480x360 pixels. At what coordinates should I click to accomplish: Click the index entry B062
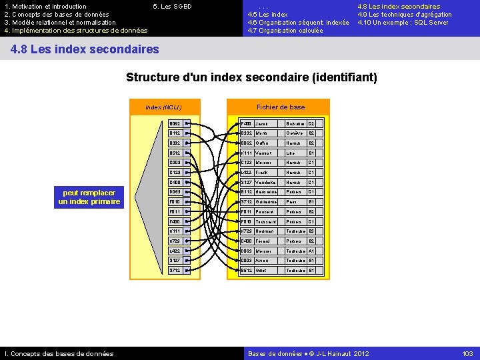click(x=175, y=123)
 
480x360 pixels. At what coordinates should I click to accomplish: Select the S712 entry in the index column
click(x=175, y=271)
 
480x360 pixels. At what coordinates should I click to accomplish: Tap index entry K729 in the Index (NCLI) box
click(x=175, y=241)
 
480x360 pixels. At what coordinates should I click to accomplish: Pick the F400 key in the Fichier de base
click(x=247, y=123)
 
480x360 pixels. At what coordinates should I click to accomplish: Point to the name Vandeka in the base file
click(x=267, y=182)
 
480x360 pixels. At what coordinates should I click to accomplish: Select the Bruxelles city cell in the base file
click(x=295, y=123)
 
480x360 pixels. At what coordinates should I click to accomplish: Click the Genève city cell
click(x=295, y=133)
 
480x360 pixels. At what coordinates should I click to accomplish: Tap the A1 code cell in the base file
click(x=311, y=251)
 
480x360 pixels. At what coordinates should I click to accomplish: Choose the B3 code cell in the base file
click(x=311, y=231)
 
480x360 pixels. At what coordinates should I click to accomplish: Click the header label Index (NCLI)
click(x=163, y=107)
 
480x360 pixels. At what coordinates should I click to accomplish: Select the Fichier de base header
click(x=281, y=107)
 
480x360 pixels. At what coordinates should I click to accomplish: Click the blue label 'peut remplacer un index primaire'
click(x=89, y=197)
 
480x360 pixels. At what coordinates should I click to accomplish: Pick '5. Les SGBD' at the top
click(x=172, y=7)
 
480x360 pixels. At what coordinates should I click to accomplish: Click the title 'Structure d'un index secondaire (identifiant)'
click(x=251, y=77)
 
